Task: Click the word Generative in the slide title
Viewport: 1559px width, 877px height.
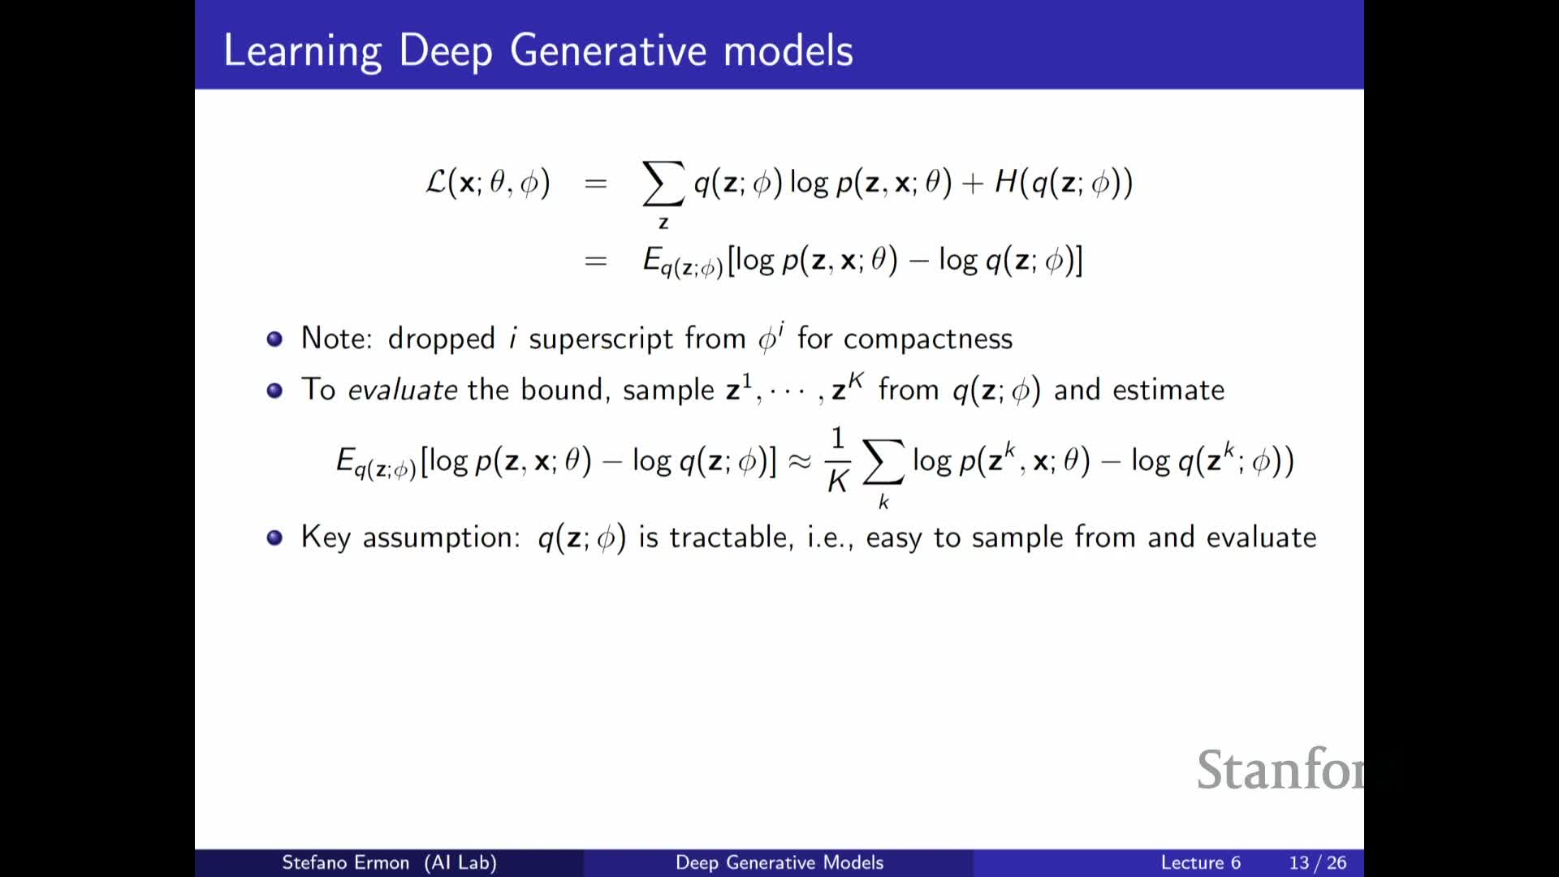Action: pyautogui.click(x=609, y=50)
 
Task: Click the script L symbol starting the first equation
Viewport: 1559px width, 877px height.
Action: pyautogui.click(x=436, y=181)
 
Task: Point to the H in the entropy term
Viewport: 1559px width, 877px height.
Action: pyautogui.click(x=1006, y=181)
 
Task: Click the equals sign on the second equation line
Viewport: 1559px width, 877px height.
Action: pyautogui.click(x=595, y=261)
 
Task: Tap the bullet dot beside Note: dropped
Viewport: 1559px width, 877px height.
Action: pyautogui.click(x=274, y=339)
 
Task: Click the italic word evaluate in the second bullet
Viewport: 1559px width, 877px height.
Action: pyautogui.click(x=403, y=390)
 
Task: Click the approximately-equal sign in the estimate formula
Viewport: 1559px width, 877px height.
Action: pyautogui.click(x=800, y=461)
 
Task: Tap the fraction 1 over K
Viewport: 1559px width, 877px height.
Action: pyautogui.click(x=838, y=460)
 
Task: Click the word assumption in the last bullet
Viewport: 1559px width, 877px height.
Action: pyautogui.click(x=441, y=538)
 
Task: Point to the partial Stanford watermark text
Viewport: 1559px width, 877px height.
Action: pyautogui.click(x=1280, y=769)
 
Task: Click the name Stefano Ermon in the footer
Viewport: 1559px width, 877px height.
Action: pyautogui.click(x=345, y=862)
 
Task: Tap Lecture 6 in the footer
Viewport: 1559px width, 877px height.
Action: pyautogui.click(x=1200, y=862)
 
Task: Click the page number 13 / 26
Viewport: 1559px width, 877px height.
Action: pyautogui.click(x=1317, y=862)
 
